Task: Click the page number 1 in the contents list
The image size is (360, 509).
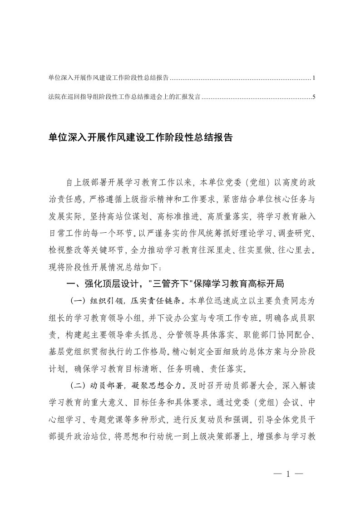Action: (314, 78)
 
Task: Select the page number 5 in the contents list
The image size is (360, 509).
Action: (314, 97)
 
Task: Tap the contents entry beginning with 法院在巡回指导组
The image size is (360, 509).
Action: (124, 97)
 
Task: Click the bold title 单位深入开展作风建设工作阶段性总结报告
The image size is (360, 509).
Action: (140, 138)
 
